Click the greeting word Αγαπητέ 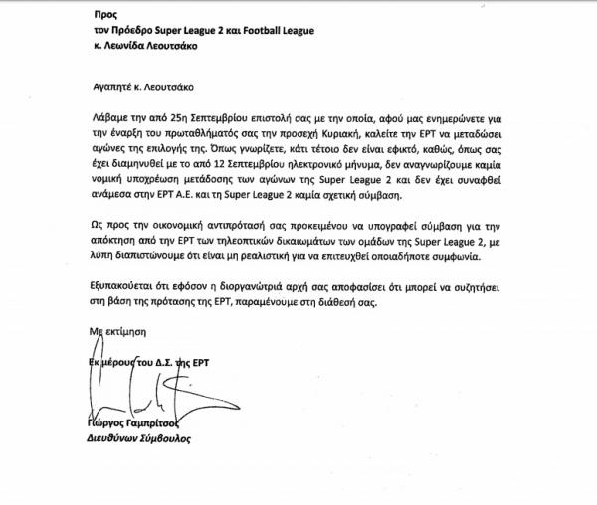tap(106, 87)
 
